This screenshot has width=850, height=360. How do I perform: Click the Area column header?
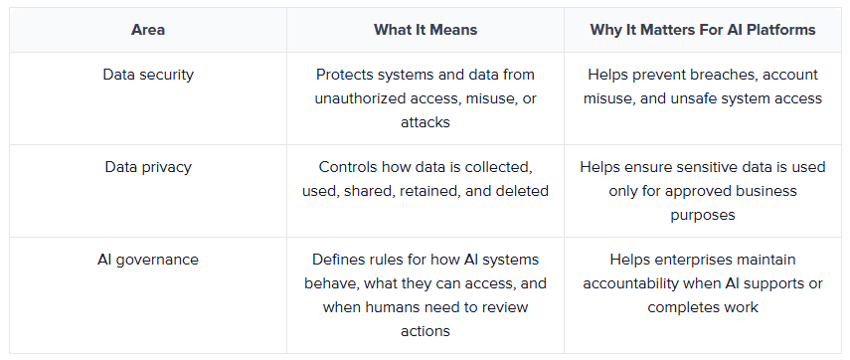pos(148,30)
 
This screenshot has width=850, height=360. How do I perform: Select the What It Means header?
pos(425,30)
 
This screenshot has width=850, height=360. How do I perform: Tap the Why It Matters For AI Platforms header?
pos(703,30)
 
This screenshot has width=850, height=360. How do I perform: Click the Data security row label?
pos(148,75)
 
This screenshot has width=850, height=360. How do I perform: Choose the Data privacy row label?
pos(148,167)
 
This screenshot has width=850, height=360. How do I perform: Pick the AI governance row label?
pos(148,260)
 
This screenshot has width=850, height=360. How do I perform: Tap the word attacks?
pos(425,122)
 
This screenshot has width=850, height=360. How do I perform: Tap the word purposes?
pos(703,216)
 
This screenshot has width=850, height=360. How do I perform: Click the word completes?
pos(679,307)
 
